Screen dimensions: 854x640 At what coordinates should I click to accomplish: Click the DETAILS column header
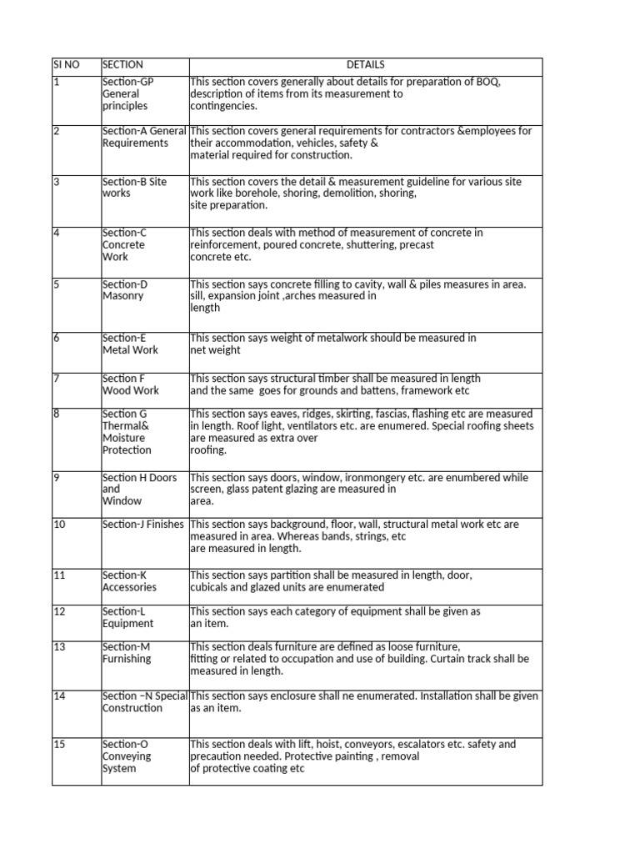click(x=366, y=65)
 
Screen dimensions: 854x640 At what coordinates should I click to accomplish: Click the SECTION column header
click(x=122, y=65)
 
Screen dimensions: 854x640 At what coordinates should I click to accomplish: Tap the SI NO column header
click(x=66, y=65)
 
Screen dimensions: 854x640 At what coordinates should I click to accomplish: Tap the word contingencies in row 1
click(x=223, y=106)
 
